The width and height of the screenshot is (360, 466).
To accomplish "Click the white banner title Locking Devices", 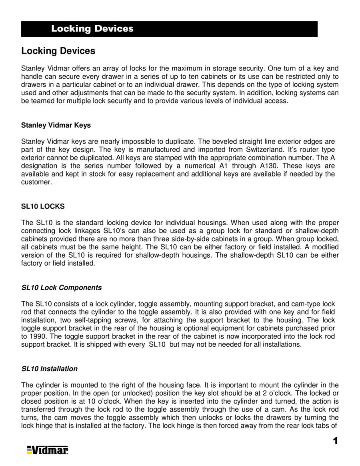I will (92, 29).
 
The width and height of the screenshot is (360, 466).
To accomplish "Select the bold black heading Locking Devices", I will (58, 51).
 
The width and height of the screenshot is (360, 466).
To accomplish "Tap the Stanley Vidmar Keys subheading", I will (56, 125).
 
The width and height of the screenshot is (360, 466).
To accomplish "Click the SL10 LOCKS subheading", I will (42, 206).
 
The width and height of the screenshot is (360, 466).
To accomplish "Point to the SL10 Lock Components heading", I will (61, 288).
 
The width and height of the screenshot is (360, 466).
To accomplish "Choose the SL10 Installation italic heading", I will (49, 369).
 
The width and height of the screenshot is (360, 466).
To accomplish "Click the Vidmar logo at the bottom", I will (48, 450).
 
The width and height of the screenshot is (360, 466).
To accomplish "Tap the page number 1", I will (335, 441).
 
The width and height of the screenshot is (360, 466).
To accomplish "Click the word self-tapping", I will (94, 320).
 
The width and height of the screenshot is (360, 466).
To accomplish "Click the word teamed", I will (41, 101).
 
